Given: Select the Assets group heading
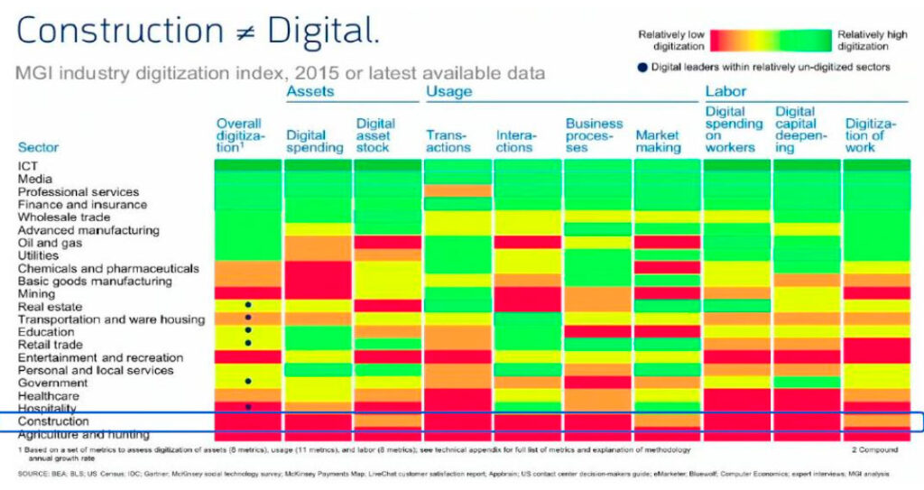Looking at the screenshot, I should click(310, 91).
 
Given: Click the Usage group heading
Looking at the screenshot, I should click(448, 91).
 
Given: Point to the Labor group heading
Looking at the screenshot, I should click(725, 91).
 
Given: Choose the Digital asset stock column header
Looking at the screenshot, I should click(376, 135).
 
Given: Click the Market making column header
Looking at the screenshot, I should click(658, 141).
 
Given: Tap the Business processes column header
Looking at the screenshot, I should click(594, 135).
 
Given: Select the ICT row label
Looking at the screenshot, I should click(27, 166).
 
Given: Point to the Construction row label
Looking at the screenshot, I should click(53, 421).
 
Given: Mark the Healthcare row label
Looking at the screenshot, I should click(48, 396).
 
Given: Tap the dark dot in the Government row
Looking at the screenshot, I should click(247, 382).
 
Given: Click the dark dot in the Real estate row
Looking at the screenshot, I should click(247, 306).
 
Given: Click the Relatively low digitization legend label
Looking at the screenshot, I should click(670, 41).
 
